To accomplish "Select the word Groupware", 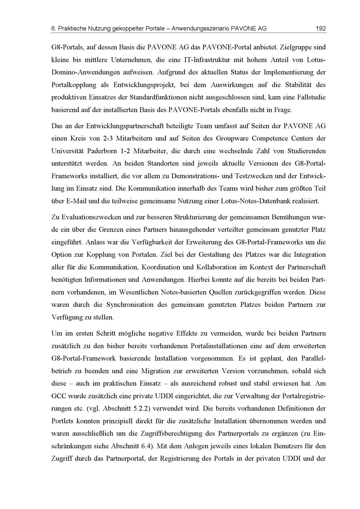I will coord(233,138).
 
